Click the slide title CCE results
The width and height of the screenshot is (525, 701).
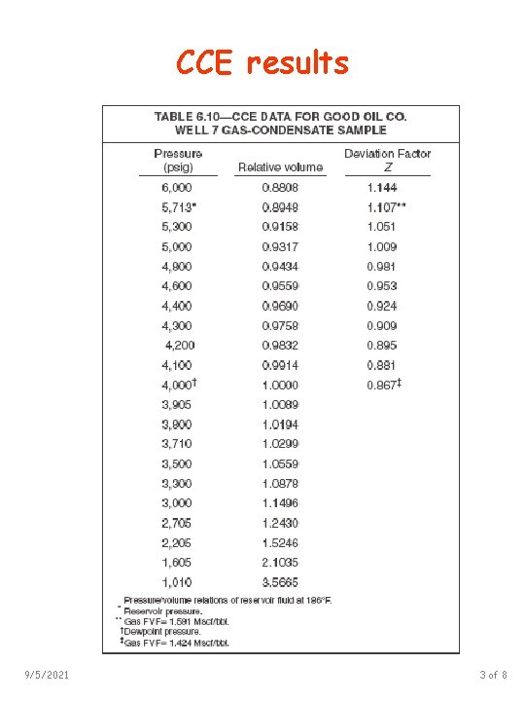pos(262,64)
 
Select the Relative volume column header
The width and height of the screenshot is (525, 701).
pos(280,167)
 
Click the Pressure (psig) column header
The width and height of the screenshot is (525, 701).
pos(178,160)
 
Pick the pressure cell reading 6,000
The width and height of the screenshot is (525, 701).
pos(176,187)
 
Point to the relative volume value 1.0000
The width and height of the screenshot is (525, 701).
pos(280,385)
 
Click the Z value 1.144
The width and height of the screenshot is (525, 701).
pos(382,187)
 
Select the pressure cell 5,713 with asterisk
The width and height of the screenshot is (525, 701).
pos(178,206)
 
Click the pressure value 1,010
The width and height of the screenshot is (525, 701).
pos(176,582)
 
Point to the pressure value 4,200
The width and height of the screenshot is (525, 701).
pos(180,345)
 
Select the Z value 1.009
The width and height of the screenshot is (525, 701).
pos(382,246)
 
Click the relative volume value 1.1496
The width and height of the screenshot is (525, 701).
pos(280,503)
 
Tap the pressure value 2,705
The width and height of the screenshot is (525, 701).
pos(176,523)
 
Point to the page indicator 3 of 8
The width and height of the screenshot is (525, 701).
pos(492,675)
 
